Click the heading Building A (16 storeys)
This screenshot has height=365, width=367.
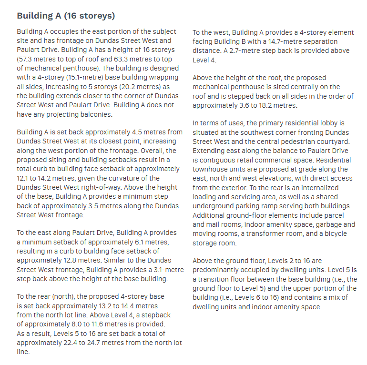tap(66, 16)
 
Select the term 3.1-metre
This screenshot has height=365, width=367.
tap(165, 269)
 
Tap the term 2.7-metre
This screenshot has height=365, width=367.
tap(251, 51)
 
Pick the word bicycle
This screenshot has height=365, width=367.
tap(334, 233)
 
